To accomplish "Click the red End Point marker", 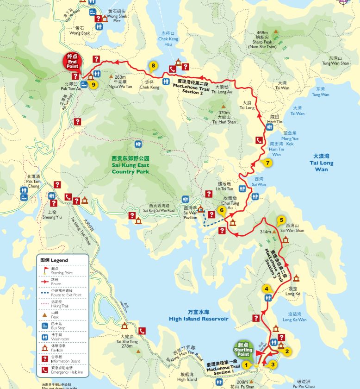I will tap(73, 61).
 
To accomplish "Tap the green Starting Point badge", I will tap(243, 348).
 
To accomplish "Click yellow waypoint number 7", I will tap(267, 163).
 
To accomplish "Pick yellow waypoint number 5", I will tap(281, 220).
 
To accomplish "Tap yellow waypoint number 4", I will tap(267, 289).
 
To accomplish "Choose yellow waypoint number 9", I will tap(93, 85).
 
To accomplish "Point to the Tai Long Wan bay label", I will tap(323, 163).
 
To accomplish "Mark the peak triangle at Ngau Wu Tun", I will tap(111, 76).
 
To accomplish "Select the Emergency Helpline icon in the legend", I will tap(45, 369).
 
